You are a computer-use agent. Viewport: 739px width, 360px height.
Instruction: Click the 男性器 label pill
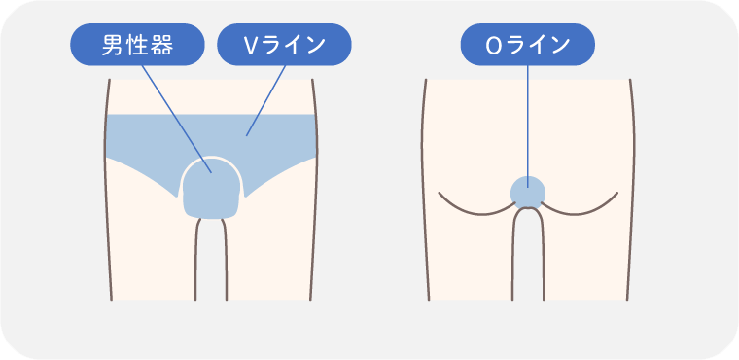(137, 45)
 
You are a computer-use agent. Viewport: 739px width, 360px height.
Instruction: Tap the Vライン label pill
(284, 45)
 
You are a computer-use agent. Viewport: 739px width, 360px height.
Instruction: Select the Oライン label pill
(528, 45)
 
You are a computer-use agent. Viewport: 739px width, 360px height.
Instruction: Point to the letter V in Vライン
(250, 45)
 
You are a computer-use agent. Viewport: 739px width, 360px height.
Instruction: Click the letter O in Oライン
(493, 45)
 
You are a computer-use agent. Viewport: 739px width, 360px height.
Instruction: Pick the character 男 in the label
(112, 46)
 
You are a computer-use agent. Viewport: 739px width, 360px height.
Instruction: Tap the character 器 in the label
(163, 46)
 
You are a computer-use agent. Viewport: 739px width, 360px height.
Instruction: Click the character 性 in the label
(137, 46)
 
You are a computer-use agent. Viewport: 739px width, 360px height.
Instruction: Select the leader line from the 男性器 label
(177, 120)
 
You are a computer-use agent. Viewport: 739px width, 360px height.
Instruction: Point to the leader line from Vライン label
(265, 101)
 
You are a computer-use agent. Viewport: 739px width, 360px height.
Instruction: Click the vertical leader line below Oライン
(528, 126)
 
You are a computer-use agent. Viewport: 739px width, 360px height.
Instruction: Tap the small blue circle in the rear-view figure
(528, 193)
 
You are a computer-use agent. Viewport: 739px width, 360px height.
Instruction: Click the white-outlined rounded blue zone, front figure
(212, 188)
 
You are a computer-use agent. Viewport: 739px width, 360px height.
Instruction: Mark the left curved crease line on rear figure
(475, 207)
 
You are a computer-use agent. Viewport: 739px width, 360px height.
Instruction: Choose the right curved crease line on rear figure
(581, 207)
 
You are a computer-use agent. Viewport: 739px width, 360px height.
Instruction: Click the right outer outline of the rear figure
(632, 189)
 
